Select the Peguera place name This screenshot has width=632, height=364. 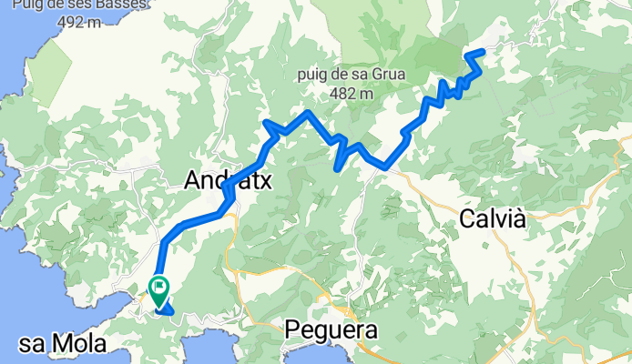tap(331, 329)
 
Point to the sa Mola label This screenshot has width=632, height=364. tap(63, 344)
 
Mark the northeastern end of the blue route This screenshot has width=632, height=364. tap(480, 52)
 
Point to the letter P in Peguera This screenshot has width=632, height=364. tap(293, 329)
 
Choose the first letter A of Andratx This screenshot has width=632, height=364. tap(192, 180)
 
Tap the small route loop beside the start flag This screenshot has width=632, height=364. tap(167, 313)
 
